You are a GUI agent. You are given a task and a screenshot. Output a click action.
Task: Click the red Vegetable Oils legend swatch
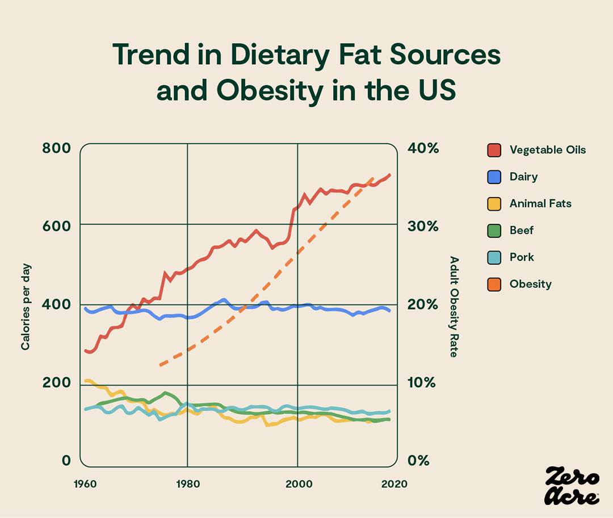494,150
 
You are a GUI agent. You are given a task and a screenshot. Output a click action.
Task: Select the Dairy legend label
523,177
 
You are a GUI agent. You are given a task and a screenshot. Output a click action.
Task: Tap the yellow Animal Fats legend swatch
494,203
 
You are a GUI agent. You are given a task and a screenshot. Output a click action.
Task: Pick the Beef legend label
521,230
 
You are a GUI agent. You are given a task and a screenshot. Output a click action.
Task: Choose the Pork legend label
522,257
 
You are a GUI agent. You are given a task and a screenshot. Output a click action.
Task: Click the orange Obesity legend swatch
494,284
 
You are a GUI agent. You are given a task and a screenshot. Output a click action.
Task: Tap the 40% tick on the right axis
423,149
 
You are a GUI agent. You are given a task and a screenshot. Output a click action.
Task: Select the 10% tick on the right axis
423,383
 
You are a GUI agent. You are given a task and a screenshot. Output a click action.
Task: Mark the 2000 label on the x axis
297,484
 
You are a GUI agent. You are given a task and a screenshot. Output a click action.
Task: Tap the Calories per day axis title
26,307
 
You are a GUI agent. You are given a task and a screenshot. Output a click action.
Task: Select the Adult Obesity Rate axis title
454,307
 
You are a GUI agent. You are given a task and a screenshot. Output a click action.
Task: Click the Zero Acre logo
572,486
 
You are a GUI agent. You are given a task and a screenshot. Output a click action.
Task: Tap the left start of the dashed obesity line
161,365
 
